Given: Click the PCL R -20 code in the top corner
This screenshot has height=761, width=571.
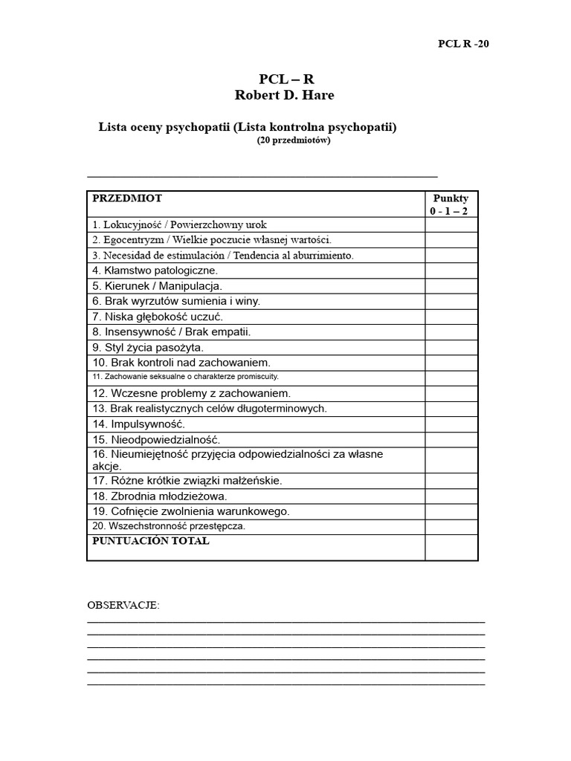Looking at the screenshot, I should (x=463, y=43).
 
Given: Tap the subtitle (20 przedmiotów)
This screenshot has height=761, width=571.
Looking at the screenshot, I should (x=294, y=140).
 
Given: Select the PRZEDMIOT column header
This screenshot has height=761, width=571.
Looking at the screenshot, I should (x=127, y=198).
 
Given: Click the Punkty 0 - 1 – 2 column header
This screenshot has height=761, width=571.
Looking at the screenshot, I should (x=451, y=204).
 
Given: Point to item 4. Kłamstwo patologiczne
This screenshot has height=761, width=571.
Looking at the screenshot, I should (x=155, y=271).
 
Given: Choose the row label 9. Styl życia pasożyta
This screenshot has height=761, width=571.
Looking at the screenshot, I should (x=148, y=347).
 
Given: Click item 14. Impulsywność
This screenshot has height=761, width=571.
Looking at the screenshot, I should (x=138, y=424).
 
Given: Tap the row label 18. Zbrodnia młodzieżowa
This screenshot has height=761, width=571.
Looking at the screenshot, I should (x=160, y=496).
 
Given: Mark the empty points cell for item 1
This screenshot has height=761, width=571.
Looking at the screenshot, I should (x=451, y=224).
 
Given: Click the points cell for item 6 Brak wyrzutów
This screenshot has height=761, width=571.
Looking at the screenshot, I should (x=451, y=301).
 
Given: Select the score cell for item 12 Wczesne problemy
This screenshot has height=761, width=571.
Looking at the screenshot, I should (x=451, y=393).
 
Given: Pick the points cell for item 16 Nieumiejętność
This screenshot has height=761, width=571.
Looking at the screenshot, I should (x=451, y=460).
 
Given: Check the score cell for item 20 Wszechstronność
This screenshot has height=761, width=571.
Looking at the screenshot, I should (x=451, y=526).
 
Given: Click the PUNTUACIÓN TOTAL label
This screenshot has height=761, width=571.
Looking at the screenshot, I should (x=151, y=541).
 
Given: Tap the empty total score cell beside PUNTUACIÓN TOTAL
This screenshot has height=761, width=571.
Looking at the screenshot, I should (x=451, y=547).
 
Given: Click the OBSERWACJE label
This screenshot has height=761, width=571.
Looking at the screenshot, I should (x=123, y=605).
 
